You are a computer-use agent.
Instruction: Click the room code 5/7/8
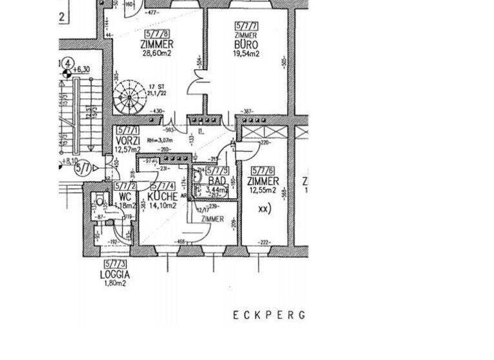pos(158,33)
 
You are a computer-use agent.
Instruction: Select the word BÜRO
pos(246,45)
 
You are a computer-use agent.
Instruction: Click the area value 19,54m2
pos(246,55)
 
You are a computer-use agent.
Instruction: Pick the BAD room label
pos(217,181)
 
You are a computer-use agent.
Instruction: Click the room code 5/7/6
pos(262,170)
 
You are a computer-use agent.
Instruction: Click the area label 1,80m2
pos(114,283)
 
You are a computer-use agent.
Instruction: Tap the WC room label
pos(125,196)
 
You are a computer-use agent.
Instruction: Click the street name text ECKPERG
pos(268,315)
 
